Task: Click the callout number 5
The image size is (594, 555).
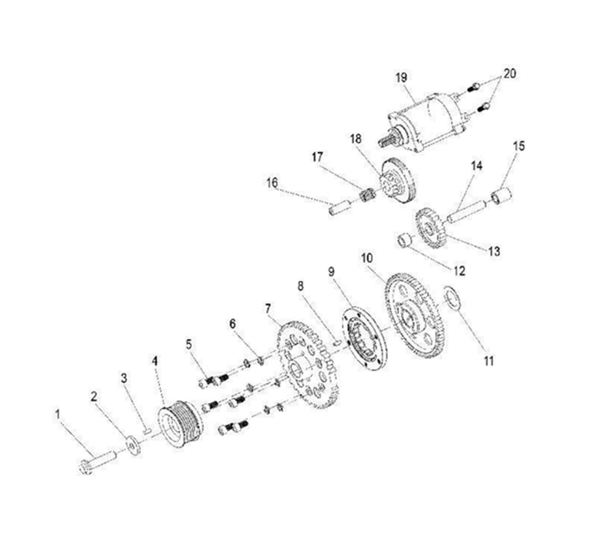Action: [189, 344]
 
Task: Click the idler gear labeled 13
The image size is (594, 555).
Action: [430, 227]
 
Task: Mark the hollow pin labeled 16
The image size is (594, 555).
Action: [339, 208]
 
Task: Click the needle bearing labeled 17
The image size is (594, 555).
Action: [365, 197]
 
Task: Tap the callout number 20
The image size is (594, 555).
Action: [509, 74]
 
